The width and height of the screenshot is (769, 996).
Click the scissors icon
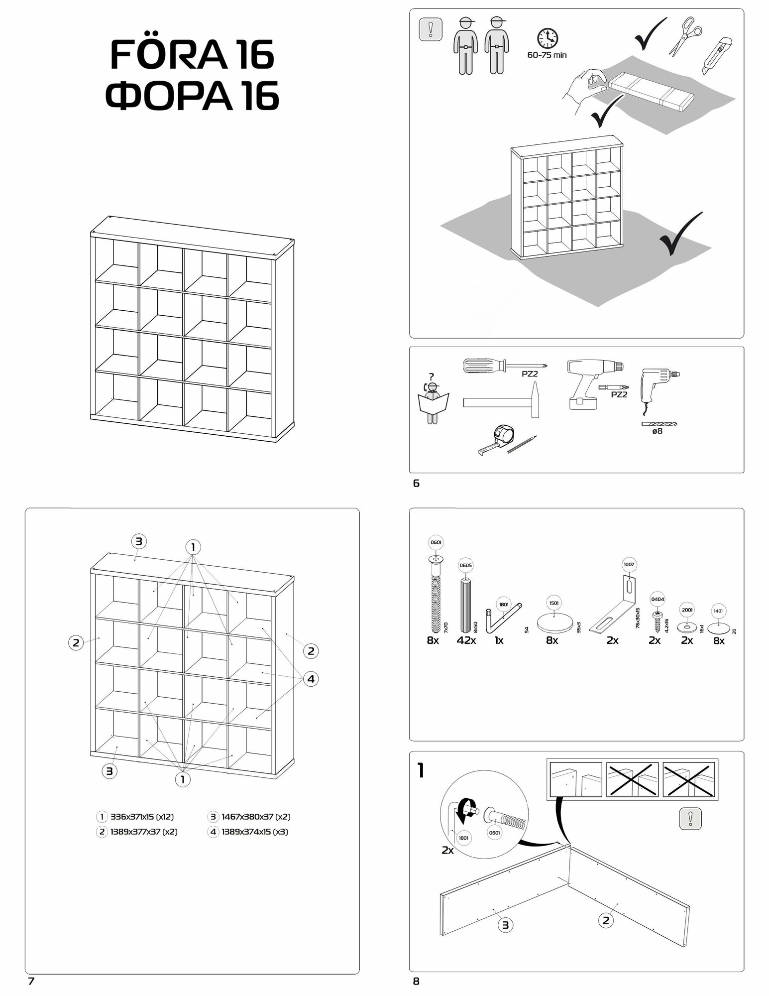point(684,35)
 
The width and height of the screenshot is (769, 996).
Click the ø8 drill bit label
point(657,431)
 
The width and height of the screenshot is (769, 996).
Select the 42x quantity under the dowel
point(466,641)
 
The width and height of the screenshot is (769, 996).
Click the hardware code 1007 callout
point(629,565)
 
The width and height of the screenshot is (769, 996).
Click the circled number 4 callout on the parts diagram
point(311,679)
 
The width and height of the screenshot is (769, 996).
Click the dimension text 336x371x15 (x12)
point(142,817)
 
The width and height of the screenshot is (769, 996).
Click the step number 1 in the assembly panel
point(421,771)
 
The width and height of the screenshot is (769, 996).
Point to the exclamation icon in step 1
point(690,819)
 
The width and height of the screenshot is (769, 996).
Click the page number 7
point(31,982)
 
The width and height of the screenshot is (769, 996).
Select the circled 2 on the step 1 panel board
point(606,921)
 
